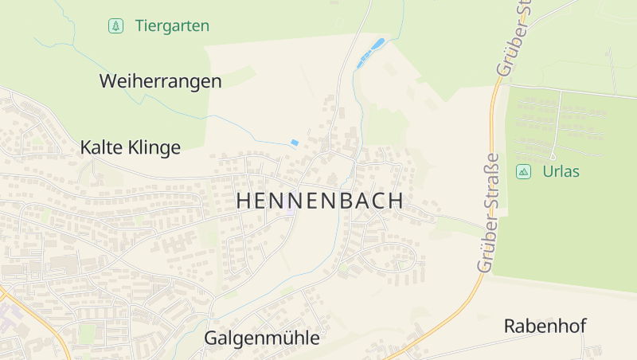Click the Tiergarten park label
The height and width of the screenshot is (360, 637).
click(x=172, y=26)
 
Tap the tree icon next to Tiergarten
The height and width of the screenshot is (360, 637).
click(x=116, y=26)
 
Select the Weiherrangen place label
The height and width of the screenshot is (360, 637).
click(x=160, y=81)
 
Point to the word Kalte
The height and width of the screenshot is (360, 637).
click(x=103, y=147)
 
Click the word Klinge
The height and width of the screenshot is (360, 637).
click(x=155, y=148)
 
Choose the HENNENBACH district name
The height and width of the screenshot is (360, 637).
click(x=319, y=202)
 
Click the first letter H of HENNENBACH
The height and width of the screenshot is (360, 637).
click(x=243, y=202)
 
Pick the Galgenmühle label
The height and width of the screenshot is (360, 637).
click(x=262, y=338)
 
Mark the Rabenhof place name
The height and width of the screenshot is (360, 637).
click(x=545, y=326)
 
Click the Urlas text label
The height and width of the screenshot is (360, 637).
click(x=561, y=171)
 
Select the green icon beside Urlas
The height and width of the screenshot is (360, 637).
click(x=523, y=171)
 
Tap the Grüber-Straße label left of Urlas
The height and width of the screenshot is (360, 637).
click(x=489, y=213)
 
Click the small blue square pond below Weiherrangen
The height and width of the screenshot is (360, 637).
click(x=295, y=143)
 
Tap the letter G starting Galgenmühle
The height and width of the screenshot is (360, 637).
click(x=212, y=338)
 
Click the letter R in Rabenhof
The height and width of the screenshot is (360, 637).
click(x=510, y=326)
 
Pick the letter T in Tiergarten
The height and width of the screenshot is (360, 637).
click(x=139, y=26)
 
